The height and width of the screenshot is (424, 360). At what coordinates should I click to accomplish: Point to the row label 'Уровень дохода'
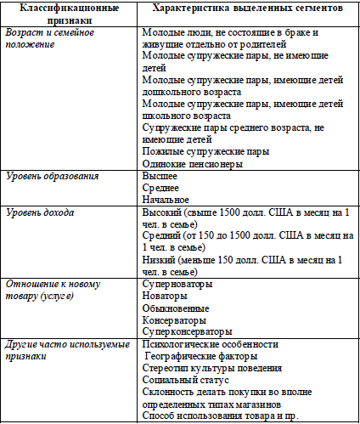[42, 212]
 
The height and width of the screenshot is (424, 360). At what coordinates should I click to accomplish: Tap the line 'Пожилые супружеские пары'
[205, 150]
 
